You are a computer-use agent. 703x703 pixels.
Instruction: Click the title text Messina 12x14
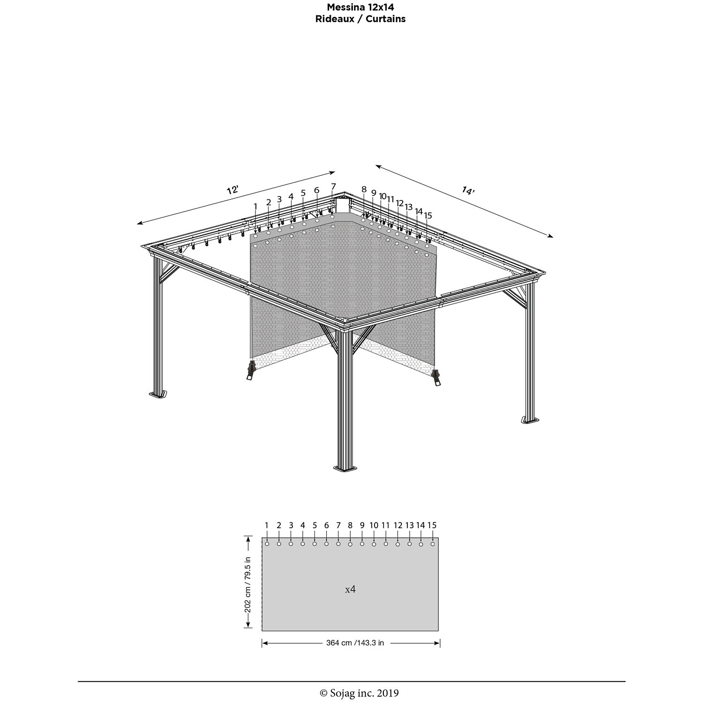(x=360, y=7)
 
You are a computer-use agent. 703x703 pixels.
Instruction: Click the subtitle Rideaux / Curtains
(x=360, y=19)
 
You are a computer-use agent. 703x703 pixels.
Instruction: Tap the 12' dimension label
(x=232, y=190)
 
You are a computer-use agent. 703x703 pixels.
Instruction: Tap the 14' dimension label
(x=468, y=190)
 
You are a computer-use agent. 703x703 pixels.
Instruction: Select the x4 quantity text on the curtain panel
(x=350, y=589)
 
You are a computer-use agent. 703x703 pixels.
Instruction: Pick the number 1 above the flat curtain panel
(x=267, y=525)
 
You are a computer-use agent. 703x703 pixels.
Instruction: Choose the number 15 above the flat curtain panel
(x=432, y=525)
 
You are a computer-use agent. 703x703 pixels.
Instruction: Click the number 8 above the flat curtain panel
(x=350, y=525)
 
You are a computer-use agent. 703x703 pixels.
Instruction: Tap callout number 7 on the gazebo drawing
(x=333, y=187)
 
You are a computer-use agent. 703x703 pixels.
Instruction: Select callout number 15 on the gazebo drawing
(x=428, y=215)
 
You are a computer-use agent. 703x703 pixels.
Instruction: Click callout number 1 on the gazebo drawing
(x=256, y=207)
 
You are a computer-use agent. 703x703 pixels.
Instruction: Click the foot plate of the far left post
(x=158, y=394)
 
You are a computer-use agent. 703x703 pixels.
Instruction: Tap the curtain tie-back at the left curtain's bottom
(x=251, y=371)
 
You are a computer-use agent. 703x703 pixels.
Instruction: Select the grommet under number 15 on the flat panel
(x=433, y=544)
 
